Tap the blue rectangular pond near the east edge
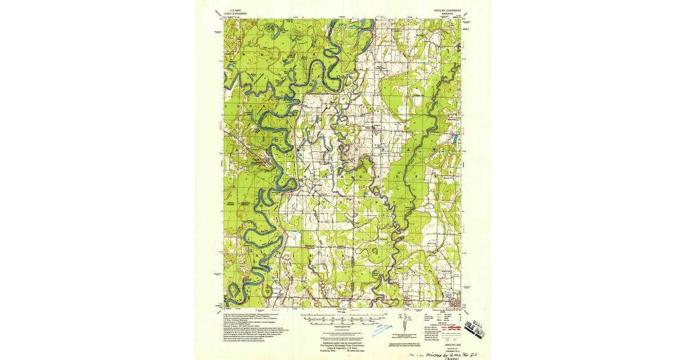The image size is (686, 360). (x=455, y=139)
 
